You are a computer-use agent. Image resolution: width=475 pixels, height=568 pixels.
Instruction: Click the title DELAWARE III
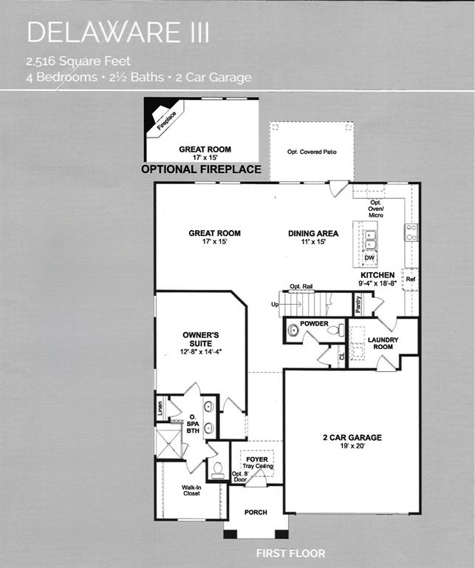tap(118, 33)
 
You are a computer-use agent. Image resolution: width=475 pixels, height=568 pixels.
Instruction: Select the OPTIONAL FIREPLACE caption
tap(201, 169)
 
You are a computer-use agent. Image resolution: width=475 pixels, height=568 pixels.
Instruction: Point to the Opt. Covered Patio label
tap(312, 152)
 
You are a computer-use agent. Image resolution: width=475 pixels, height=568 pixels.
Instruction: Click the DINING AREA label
tap(313, 234)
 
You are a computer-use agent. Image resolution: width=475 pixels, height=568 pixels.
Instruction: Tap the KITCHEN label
tap(377, 275)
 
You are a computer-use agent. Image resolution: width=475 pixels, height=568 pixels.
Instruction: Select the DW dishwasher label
tap(369, 258)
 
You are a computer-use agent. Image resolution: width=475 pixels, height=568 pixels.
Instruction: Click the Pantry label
tap(358, 304)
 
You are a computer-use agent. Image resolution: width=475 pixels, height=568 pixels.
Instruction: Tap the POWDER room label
tap(314, 324)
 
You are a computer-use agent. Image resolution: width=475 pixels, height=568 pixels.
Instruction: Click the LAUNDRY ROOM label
tap(383, 344)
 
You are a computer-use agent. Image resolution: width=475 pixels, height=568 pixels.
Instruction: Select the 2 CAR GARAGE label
tap(352, 437)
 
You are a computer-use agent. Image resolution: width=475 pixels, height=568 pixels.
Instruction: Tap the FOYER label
tap(257, 459)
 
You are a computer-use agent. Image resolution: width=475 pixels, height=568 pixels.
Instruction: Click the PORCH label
tap(256, 512)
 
